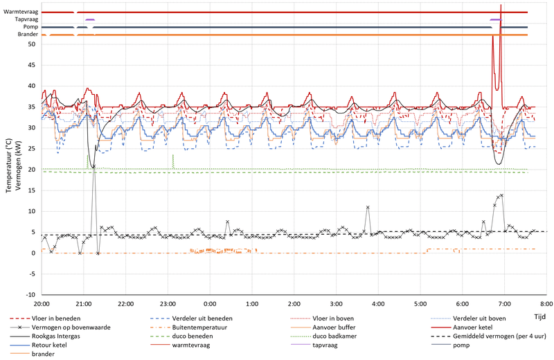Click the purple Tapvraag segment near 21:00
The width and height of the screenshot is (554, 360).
click(x=90, y=19)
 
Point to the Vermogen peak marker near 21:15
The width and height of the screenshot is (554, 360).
click(x=94, y=167)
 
